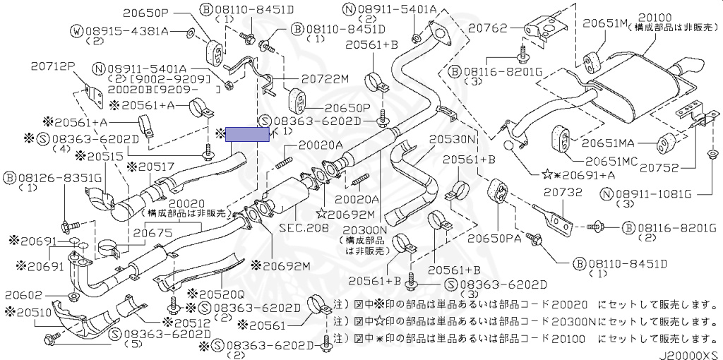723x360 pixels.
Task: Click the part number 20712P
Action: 52,66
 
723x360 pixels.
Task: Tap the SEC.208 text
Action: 304,228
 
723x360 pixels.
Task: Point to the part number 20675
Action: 153,232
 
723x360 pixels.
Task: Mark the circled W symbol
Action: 76,31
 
